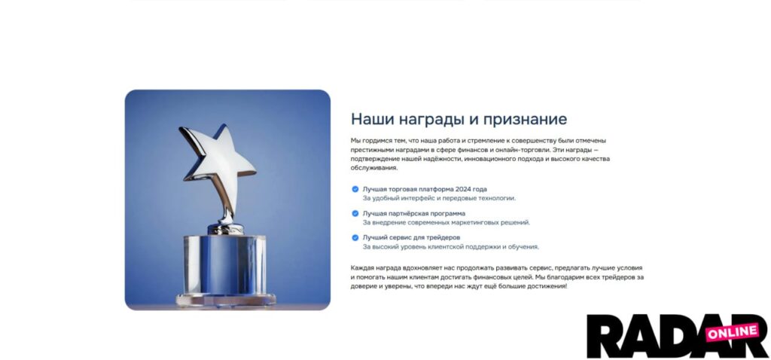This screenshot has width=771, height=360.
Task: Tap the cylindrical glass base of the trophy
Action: (224, 265)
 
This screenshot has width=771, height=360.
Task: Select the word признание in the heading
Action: (525, 120)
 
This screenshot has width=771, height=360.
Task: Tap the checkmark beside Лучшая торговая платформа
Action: (355, 189)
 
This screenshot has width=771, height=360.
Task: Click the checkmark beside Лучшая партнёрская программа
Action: (355, 213)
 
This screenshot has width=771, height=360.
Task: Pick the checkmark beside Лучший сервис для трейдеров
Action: (355, 237)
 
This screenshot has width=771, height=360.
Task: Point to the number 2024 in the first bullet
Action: (463, 189)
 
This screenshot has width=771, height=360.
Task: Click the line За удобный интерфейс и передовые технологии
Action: (439, 198)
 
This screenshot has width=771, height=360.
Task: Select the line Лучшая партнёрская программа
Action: (414, 213)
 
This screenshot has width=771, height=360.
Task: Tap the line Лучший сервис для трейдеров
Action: (412, 237)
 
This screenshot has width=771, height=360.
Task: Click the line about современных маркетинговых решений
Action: (446, 222)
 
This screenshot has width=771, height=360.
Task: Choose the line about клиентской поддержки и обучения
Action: (451, 247)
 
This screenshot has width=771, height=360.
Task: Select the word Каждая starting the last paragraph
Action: (362, 268)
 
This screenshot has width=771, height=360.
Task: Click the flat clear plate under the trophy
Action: (226, 300)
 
